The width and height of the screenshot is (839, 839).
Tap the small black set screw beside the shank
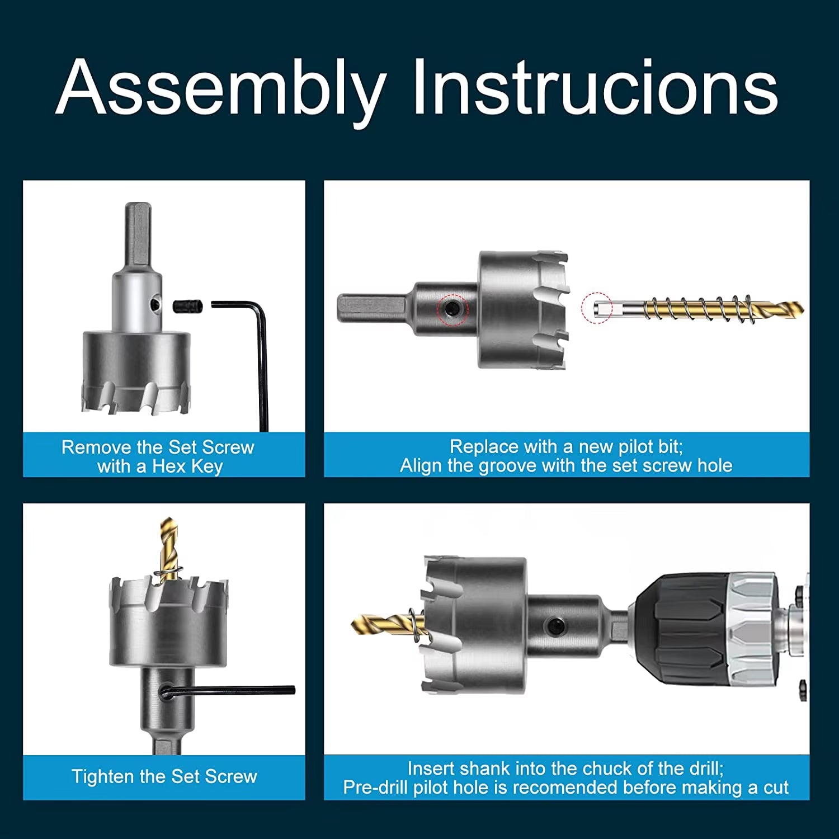click(x=187, y=307)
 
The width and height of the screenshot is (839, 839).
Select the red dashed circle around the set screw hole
click(x=452, y=309)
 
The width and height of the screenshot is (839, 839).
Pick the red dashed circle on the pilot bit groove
click(x=597, y=308)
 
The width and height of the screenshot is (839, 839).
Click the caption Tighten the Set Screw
click(x=164, y=777)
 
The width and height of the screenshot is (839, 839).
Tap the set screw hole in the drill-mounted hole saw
click(x=555, y=626)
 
